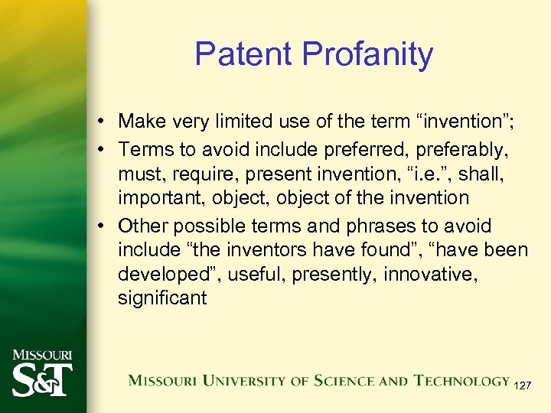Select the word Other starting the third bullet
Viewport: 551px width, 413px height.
(143, 226)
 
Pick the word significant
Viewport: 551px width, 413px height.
(162, 298)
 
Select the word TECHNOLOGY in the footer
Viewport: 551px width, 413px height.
(461, 380)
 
